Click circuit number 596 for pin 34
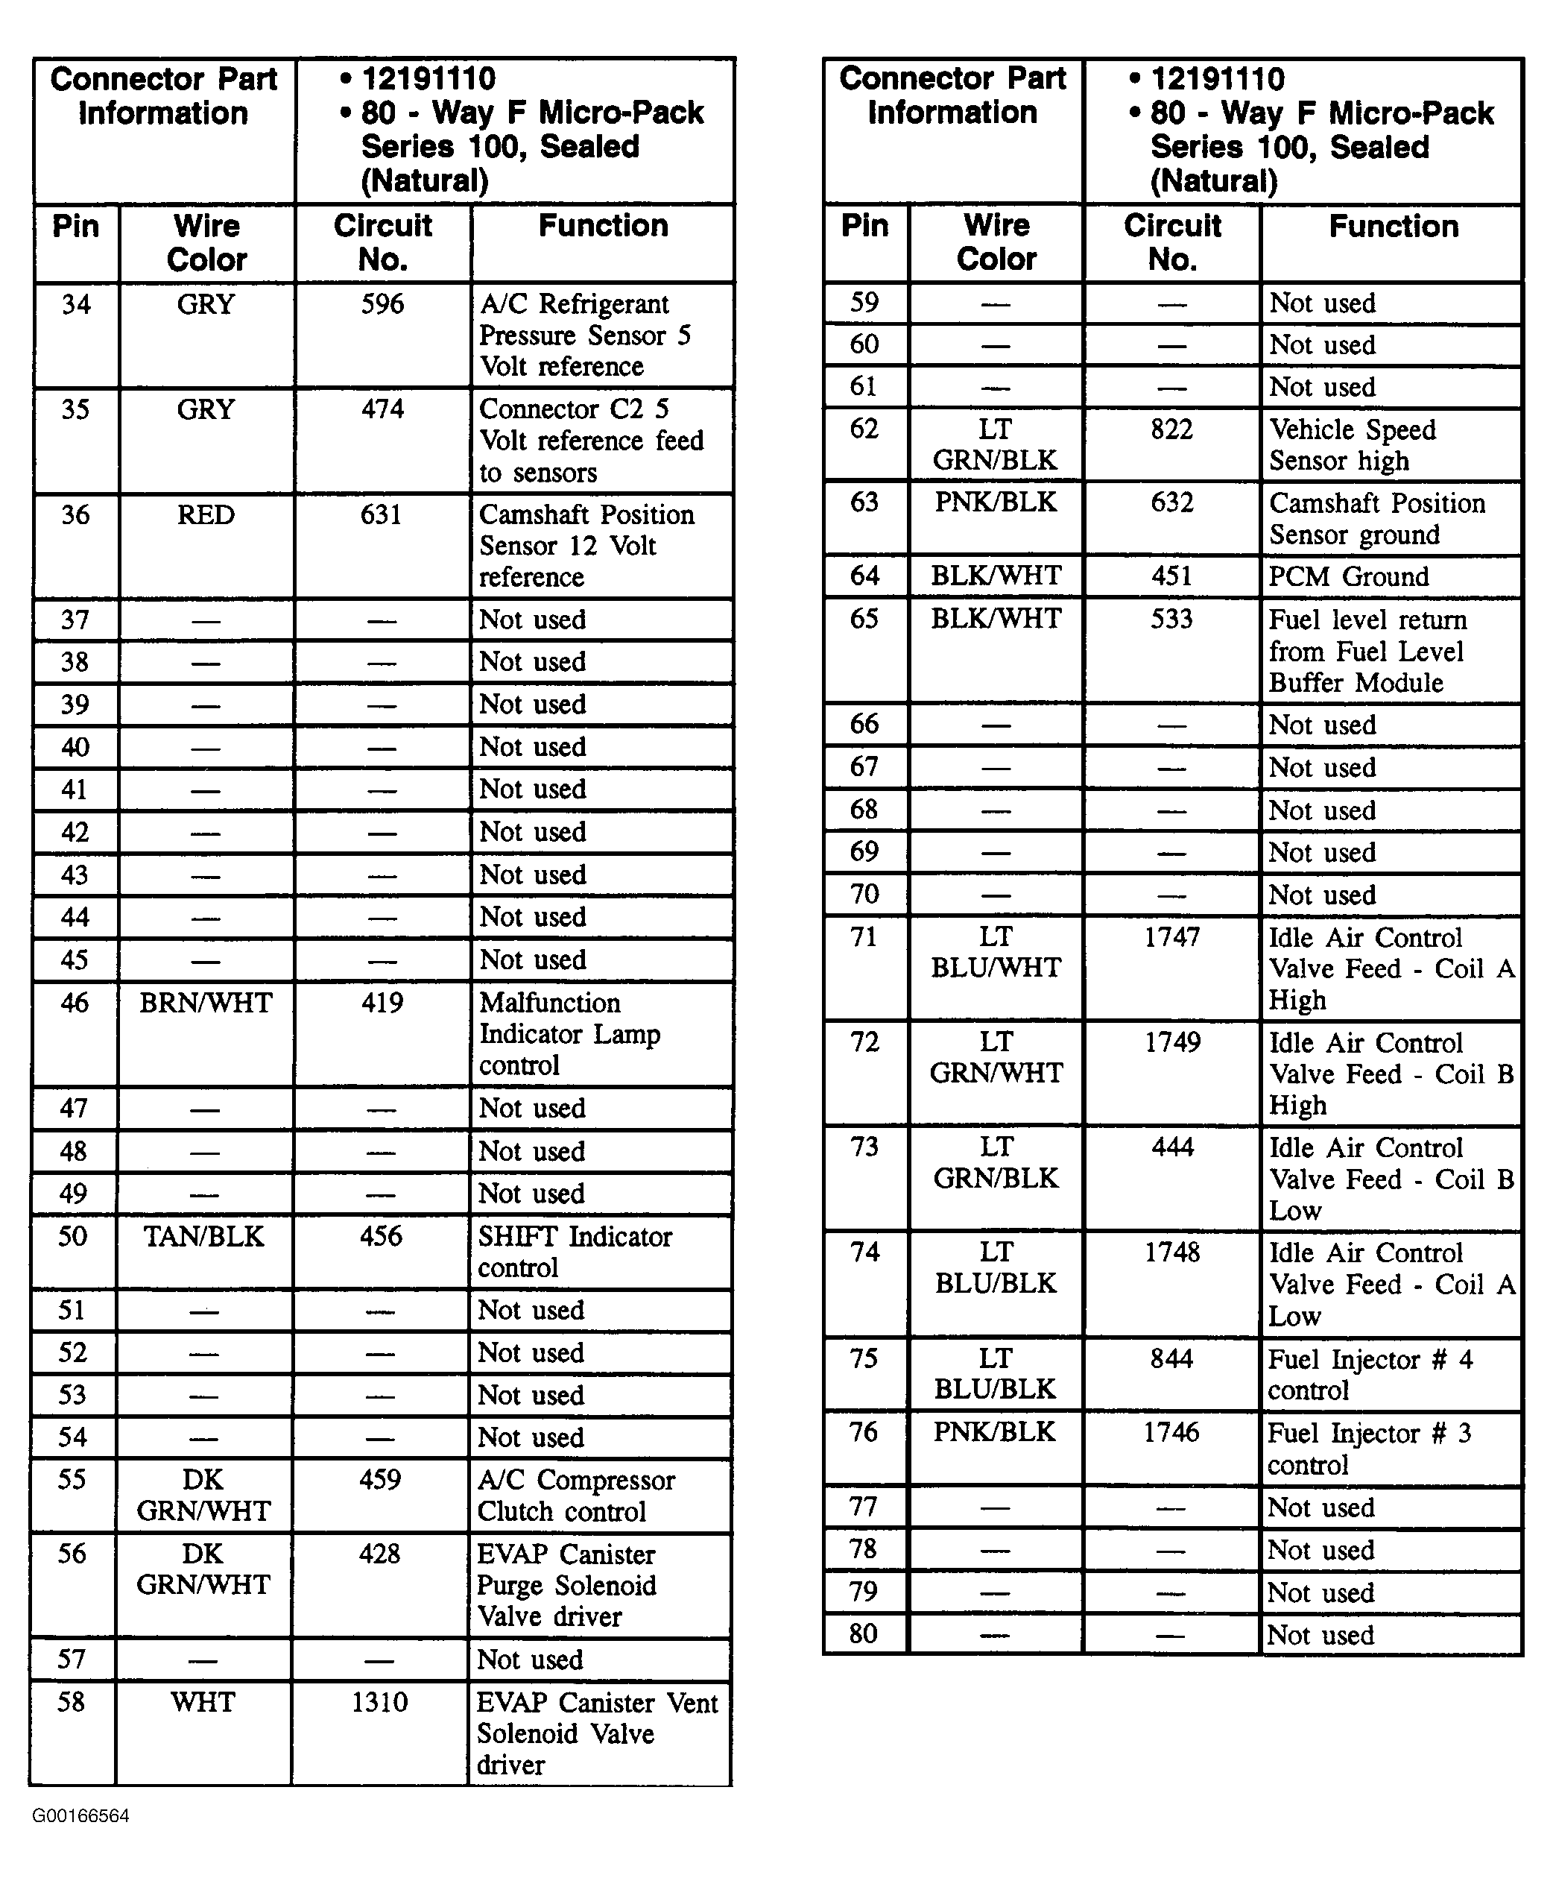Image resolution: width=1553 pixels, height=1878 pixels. point(383,304)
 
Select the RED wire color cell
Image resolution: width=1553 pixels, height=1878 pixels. point(206,515)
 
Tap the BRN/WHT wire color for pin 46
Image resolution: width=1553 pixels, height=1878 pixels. point(206,1003)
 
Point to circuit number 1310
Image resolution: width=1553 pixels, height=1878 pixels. point(379,1702)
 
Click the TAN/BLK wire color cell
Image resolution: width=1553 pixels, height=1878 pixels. point(204,1237)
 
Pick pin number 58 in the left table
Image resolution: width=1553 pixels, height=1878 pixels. point(72,1702)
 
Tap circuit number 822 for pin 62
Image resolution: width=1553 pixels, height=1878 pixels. point(1171,430)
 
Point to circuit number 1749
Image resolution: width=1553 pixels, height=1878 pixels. point(1172,1043)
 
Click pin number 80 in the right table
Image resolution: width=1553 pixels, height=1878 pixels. point(863,1634)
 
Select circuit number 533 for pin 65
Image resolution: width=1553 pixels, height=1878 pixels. point(1171,619)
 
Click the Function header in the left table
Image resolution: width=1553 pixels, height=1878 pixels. point(603,226)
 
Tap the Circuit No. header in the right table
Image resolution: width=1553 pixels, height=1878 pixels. point(1172,242)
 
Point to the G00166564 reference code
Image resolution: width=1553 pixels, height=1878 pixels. point(80,1816)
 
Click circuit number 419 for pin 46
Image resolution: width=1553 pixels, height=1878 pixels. point(382,1003)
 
